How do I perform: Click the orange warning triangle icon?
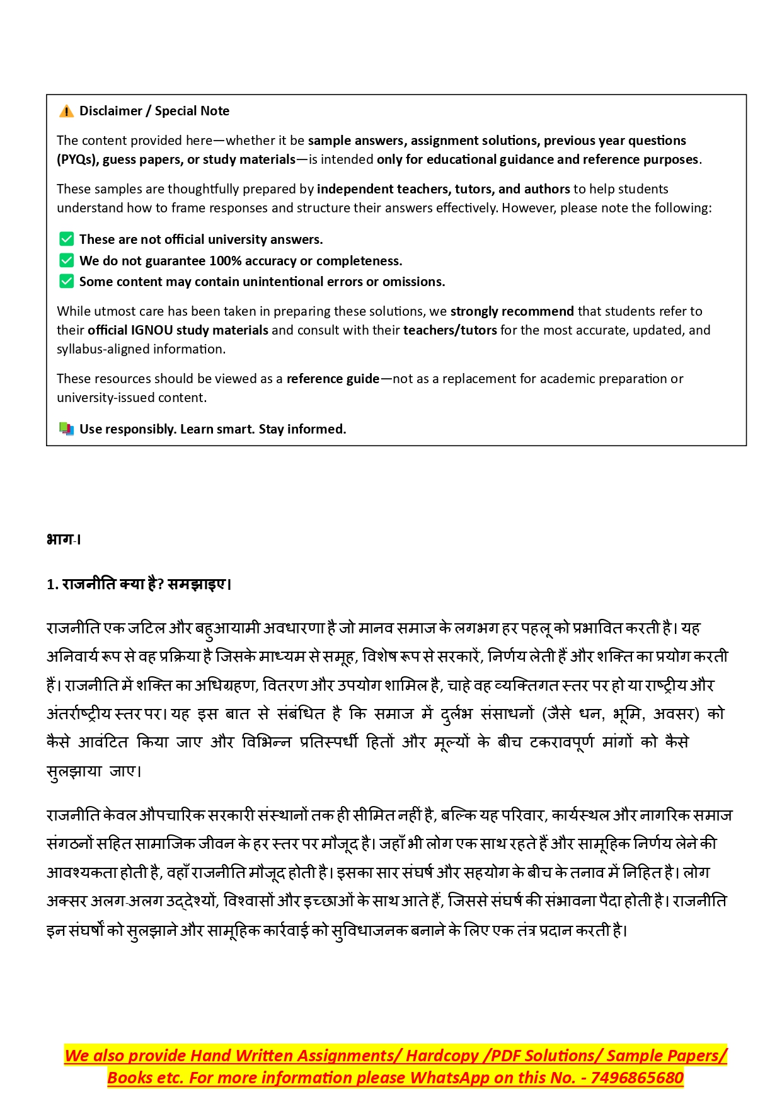pyautogui.click(x=66, y=112)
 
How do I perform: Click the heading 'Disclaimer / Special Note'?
pyautogui.click(x=154, y=111)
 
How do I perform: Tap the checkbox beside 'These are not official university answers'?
pyautogui.click(x=66, y=239)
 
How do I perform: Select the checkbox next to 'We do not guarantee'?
pyautogui.click(x=66, y=260)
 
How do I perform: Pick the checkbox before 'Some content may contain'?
pyautogui.click(x=66, y=281)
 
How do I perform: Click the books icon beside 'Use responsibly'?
pyautogui.click(x=66, y=429)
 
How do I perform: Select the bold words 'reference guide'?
pyautogui.click(x=333, y=379)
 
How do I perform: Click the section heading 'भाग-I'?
pyautogui.click(x=64, y=539)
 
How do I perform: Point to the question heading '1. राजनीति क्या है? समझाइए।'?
pyautogui.click(x=139, y=584)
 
